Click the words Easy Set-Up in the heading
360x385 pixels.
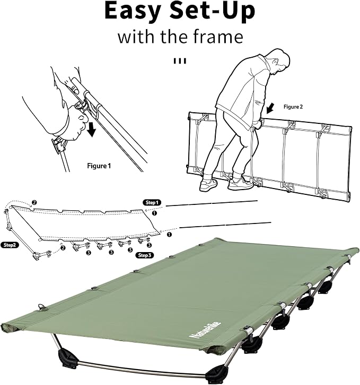pos(180,11)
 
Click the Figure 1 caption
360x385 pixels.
pos(99,166)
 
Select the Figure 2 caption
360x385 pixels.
pos(293,107)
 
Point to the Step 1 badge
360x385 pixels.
pos(152,202)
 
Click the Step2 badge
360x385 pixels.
pos(10,245)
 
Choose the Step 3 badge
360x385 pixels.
pos(145,255)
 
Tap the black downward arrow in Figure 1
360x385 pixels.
pos(92,129)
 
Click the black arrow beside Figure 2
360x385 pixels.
pos(270,108)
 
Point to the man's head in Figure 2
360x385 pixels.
pos(280,60)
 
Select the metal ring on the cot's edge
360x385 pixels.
pos(41,307)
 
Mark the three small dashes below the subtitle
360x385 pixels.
pos(180,61)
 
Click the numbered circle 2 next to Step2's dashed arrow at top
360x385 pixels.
pos(34,203)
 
